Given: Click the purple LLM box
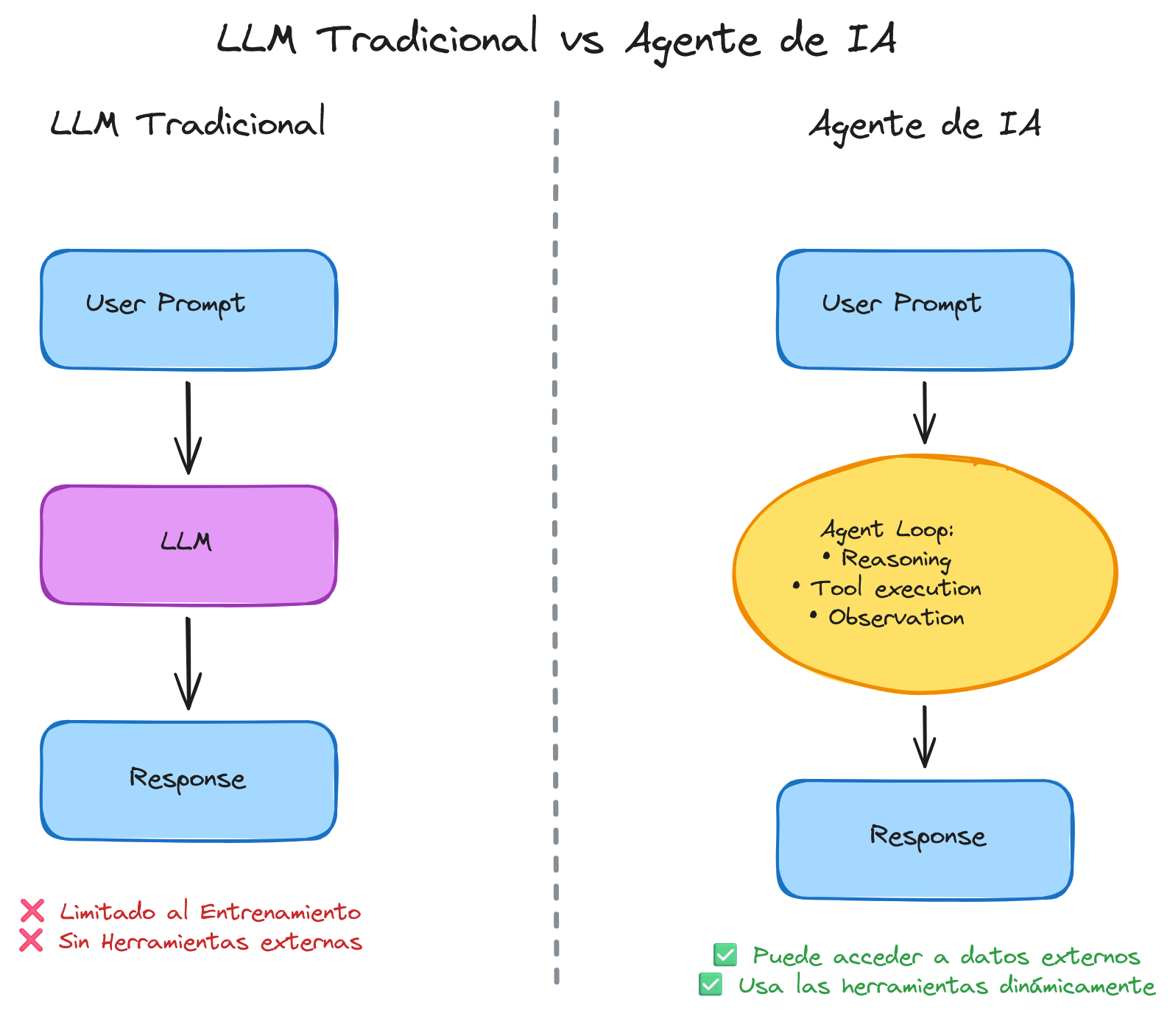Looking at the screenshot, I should [x=188, y=545].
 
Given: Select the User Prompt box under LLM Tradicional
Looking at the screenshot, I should [x=188, y=309].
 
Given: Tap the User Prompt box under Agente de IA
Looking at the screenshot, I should [x=925, y=309].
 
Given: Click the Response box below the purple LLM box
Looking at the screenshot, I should [x=188, y=780].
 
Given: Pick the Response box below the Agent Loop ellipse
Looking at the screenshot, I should [x=925, y=839].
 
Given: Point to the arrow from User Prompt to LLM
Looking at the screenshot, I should [x=188, y=427].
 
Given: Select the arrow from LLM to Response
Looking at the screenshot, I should [x=188, y=663].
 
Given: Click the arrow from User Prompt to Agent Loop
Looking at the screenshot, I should [x=925, y=412].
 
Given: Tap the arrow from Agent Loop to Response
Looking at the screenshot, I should [x=925, y=736].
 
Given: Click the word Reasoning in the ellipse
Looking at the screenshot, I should [x=896, y=560].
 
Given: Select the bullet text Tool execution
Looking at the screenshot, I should [x=896, y=589].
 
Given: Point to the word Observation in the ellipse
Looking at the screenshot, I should [x=896, y=618].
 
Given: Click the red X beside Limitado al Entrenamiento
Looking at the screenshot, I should [x=32, y=911].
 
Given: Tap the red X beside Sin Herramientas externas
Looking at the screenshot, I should [x=31, y=941].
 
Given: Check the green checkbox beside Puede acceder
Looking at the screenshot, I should [x=725, y=956].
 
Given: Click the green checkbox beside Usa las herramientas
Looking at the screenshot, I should [x=711, y=984].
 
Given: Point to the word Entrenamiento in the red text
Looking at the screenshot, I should [x=281, y=912].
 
